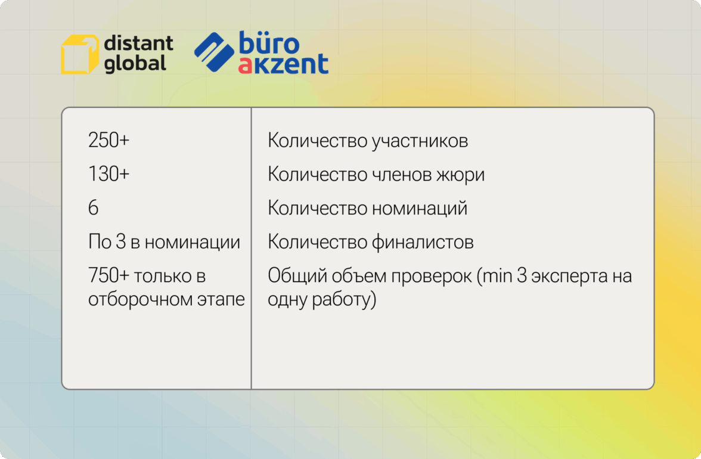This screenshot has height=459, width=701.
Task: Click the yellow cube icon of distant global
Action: (x=80, y=54)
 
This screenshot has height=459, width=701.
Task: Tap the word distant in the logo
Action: (x=138, y=44)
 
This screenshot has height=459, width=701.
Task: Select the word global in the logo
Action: (x=135, y=63)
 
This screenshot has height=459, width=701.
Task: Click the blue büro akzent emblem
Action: (x=214, y=52)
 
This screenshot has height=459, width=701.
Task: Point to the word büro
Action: (x=269, y=42)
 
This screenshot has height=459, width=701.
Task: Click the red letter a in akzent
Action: (x=246, y=65)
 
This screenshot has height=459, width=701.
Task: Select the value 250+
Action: (x=108, y=140)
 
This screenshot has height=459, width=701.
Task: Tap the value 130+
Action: (x=108, y=174)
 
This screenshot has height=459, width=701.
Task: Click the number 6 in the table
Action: (x=93, y=208)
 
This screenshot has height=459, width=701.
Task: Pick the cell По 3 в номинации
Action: (x=164, y=242)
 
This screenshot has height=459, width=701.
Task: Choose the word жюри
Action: (x=460, y=175)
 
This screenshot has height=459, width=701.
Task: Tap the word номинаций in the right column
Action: (x=420, y=209)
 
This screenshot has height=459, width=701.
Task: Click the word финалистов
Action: (x=423, y=242)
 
